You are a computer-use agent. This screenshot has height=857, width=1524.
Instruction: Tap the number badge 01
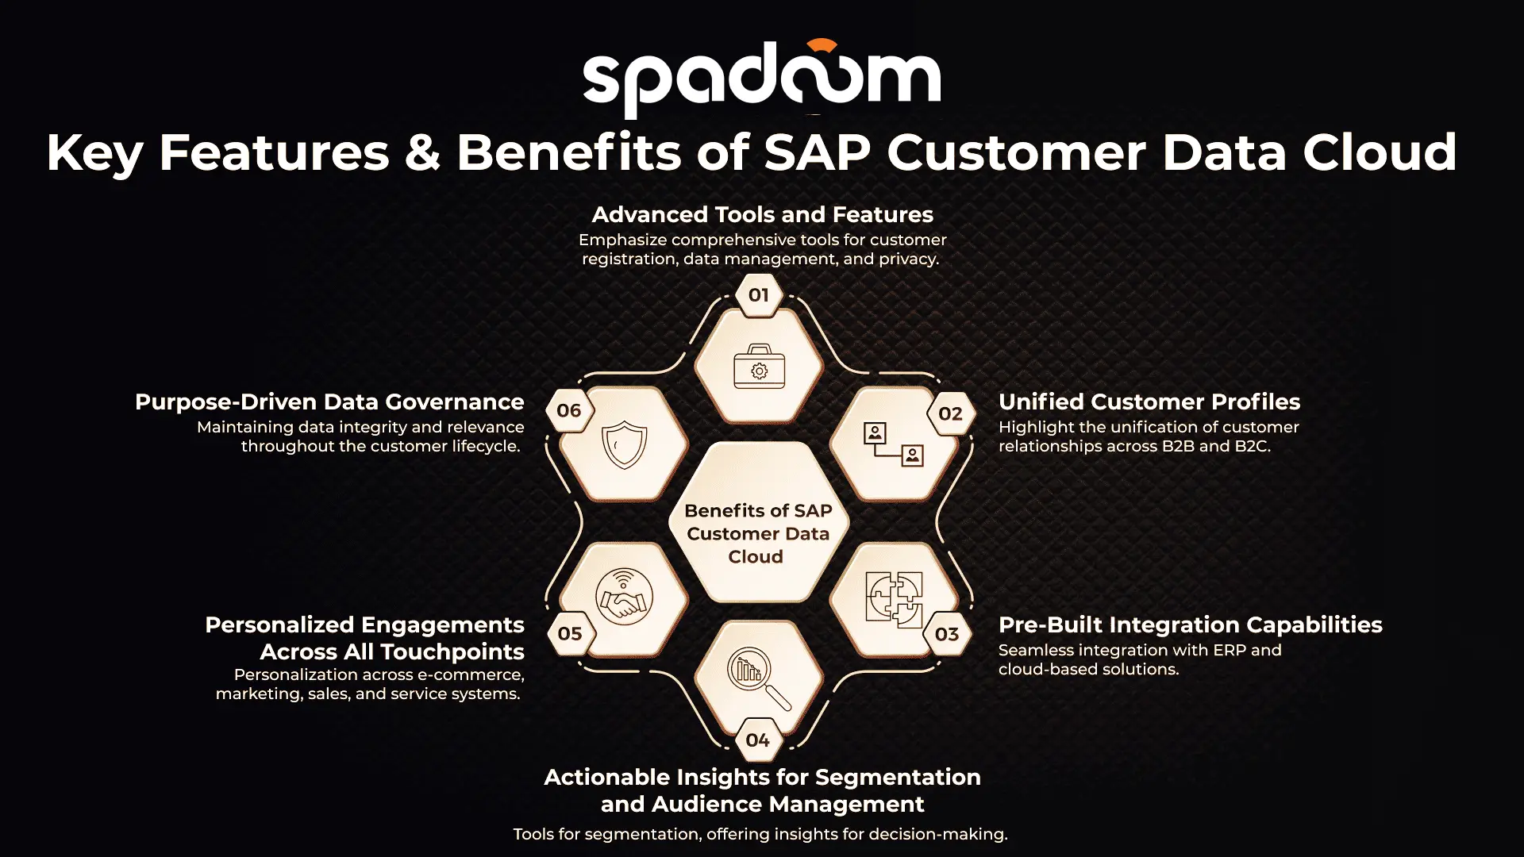(759, 295)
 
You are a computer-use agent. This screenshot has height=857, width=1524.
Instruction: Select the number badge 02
(950, 413)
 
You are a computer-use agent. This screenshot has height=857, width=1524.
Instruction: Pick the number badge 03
(947, 634)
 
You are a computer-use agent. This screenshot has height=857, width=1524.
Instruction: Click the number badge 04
(758, 740)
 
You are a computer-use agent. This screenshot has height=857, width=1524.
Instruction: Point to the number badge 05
(570, 633)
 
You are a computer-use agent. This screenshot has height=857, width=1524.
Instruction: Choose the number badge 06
(569, 410)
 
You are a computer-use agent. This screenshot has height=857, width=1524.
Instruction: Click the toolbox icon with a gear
(760, 367)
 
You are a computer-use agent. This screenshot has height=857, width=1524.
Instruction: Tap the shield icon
(625, 444)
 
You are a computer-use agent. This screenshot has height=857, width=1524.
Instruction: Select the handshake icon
(625, 597)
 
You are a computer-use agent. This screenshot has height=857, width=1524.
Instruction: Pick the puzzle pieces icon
(895, 599)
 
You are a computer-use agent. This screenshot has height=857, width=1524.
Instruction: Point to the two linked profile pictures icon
(894, 444)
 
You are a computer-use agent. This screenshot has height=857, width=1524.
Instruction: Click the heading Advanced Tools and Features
(763, 214)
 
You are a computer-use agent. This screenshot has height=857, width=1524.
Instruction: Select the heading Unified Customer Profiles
(1149, 402)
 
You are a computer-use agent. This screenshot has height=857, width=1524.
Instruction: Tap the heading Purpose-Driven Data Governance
(329, 402)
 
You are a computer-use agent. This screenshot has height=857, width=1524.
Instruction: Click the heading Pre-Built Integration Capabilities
(1191, 624)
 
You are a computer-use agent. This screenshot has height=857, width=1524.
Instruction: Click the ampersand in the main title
(422, 152)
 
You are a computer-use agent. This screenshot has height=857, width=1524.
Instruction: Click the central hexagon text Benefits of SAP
(758, 510)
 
